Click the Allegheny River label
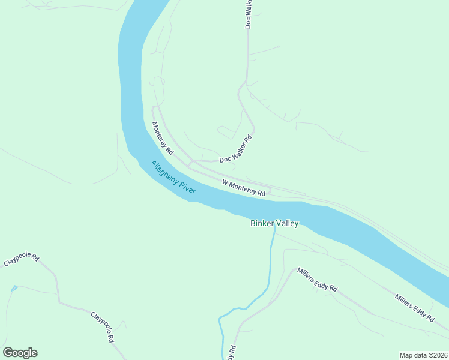(x=173, y=176)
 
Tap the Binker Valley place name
(x=274, y=223)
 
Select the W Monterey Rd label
(x=244, y=188)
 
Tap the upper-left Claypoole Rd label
(x=22, y=260)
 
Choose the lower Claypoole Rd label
(x=103, y=327)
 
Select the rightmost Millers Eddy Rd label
(x=414, y=308)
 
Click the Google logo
(x=20, y=353)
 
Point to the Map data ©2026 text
(x=423, y=355)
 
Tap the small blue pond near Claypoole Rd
(x=14, y=288)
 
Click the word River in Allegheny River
(x=188, y=187)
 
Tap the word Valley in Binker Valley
(x=287, y=223)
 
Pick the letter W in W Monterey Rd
(x=225, y=182)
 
